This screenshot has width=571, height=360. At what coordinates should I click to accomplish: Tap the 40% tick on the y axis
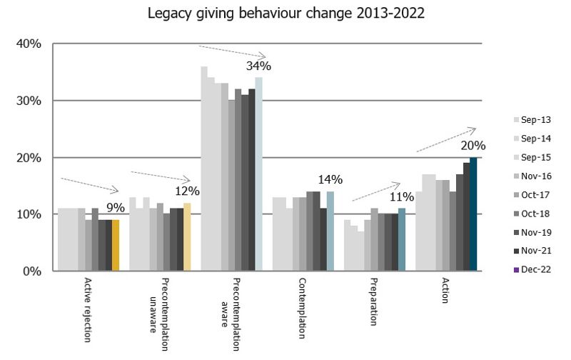29,44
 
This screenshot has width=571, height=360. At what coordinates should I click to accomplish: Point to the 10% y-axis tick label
29,214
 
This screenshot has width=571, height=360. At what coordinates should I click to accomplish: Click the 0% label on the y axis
32,271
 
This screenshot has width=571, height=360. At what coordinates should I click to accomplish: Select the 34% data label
258,66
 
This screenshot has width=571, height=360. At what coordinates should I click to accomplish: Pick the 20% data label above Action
473,146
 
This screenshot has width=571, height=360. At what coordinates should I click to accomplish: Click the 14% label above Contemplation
330,180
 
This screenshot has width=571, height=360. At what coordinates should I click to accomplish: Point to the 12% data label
187,191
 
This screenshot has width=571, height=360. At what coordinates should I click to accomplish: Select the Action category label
445,290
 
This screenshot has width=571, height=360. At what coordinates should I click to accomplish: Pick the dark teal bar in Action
473,214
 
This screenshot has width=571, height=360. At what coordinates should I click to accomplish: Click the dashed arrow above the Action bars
446,139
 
